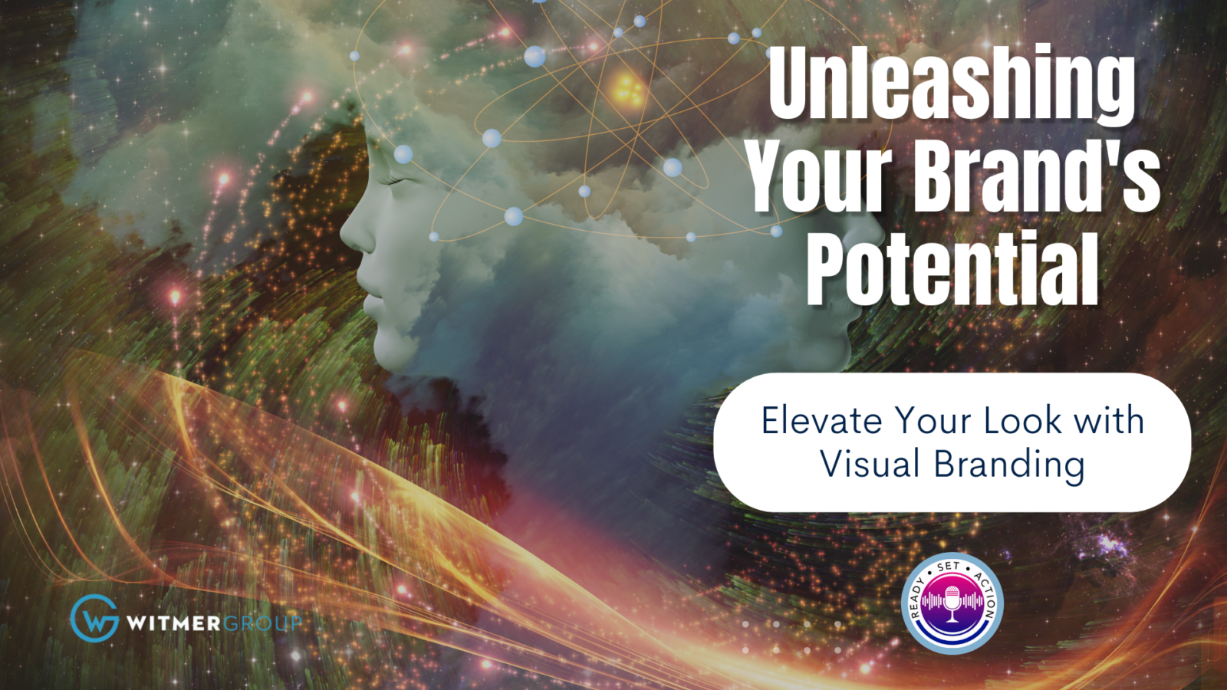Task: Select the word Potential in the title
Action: click(952, 268)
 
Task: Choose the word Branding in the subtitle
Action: click(1009, 466)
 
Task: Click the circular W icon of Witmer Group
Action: click(95, 618)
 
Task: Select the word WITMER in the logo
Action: click(173, 623)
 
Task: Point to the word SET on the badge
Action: click(949, 567)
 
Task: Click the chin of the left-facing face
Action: click(390, 350)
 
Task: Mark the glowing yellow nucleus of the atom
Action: click(628, 90)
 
